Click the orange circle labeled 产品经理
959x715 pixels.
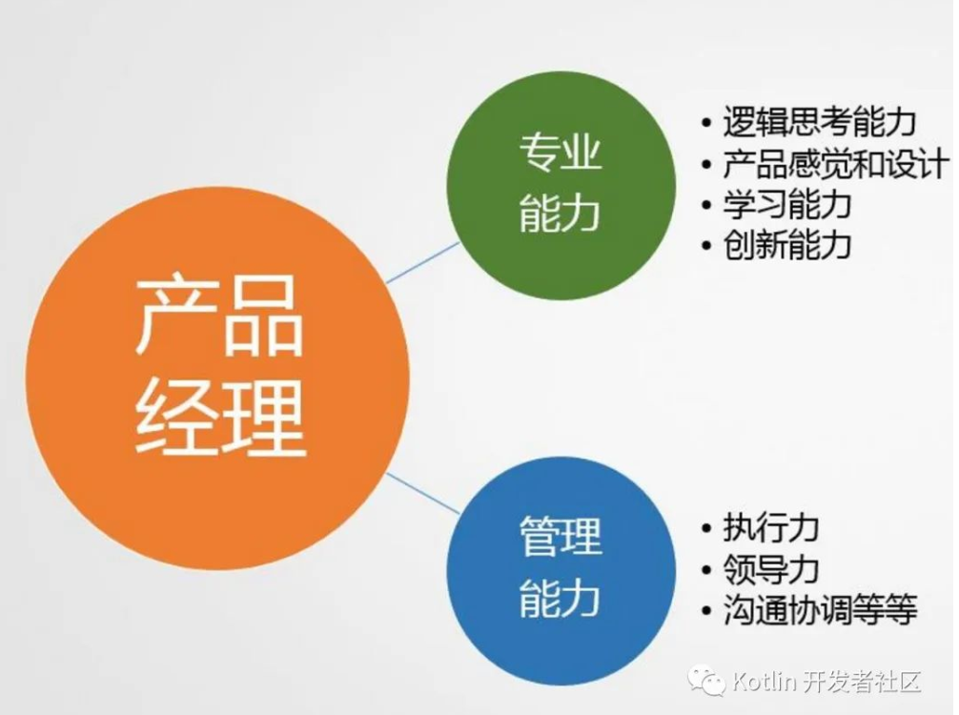click(217, 378)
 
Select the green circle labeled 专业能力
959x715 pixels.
click(561, 185)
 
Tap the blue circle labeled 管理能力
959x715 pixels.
click(561, 571)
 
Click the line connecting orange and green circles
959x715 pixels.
click(422, 262)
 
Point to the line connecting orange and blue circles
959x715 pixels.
click(422, 493)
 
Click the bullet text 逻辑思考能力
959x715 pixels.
click(820, 122)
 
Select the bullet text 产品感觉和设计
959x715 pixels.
click(835, 163)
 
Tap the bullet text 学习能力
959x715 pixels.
click(787, 204)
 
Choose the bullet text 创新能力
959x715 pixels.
click(787, 245)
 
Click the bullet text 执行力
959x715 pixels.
click(771, 527)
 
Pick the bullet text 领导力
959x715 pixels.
click(771, 569)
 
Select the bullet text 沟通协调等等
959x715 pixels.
click(820, 610)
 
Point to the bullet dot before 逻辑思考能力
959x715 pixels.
click(707, 123)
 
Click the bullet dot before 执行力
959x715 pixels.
click(707, 528)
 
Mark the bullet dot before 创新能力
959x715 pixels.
click(707, 246)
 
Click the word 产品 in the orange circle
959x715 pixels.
click(218, 317)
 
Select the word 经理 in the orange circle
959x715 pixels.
click(219, 418)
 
